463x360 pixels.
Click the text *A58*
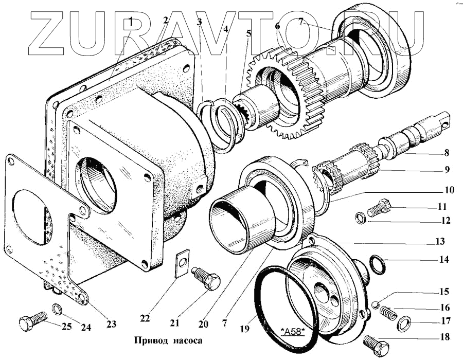tap(293, 330)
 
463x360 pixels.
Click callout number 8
tap(446, 153)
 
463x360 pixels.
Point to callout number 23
tap(111, 324)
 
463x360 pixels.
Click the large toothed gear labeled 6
tap(286, 95)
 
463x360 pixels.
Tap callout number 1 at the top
tap(132, 21)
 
